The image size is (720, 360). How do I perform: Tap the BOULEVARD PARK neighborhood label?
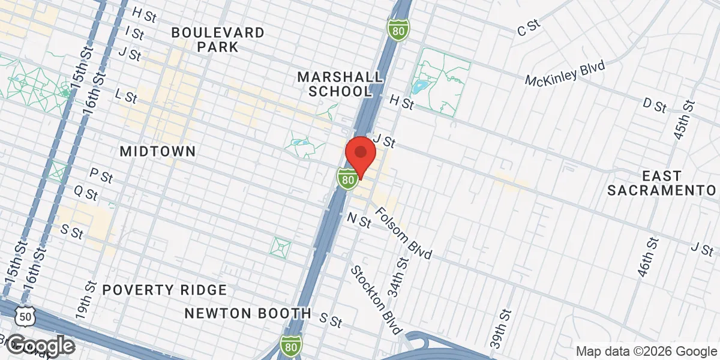[x=218, y=40]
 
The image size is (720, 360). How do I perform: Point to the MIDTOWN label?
[x=158, y=151]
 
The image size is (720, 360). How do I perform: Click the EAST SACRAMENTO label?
[x=662, y=183]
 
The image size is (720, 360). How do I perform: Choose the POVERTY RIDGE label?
[x=164, y=290]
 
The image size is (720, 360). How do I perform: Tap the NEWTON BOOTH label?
[x=248, y=313]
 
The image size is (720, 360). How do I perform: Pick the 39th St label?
[x=500, y=329]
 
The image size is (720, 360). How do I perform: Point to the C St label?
[x=529, y=27]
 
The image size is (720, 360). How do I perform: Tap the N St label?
[x=359, y=221]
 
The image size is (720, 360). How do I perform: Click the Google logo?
[x=41, y=345]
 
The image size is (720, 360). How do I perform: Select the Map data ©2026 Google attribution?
[x=647, y=351]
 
